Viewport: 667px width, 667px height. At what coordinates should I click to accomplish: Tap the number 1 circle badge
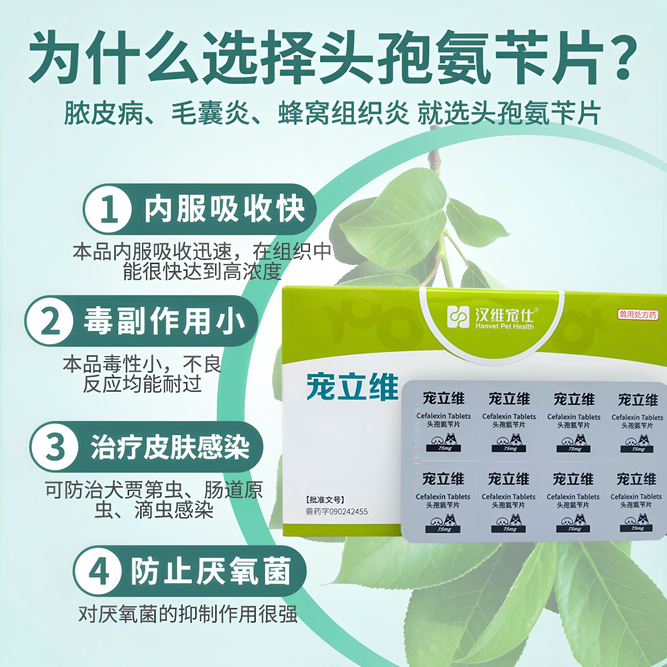coord(108,209)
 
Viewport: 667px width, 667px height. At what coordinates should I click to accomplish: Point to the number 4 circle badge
coord(98,572)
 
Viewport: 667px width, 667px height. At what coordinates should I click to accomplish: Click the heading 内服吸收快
coord(224,209)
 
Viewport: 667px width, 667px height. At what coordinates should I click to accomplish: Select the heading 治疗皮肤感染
coord(170,447)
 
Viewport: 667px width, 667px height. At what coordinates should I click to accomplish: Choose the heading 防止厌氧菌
coord(211,572)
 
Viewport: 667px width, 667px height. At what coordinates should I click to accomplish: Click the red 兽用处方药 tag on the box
coord(637,315)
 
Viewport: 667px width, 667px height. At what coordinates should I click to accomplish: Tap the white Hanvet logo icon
coord(458,317)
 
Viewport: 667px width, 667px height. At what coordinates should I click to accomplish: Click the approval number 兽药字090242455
coord(337,511)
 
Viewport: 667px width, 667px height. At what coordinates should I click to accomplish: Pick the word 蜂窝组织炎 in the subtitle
coord(343,114)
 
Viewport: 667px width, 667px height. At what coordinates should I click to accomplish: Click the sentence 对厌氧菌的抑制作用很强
coord(188,614)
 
